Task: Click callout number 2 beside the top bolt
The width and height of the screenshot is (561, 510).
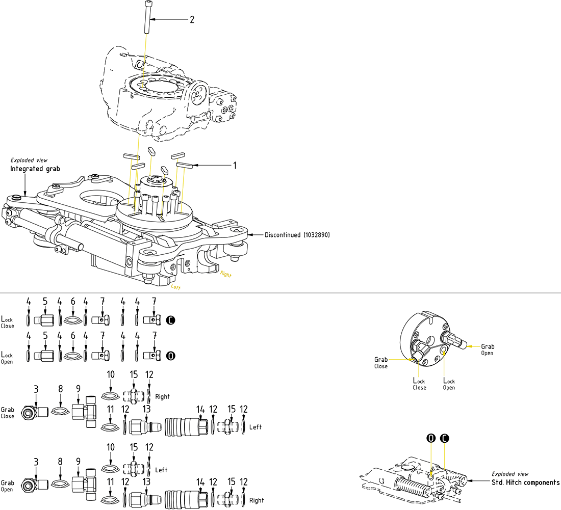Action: click(x=192, y=20)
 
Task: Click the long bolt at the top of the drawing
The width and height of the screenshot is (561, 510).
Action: click(x=146, y=18)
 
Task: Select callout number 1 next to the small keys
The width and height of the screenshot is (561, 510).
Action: click(x=235, y=166)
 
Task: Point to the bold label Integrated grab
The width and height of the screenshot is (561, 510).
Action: click(x=34, y=169)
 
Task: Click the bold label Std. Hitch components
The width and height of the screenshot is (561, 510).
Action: click(x=525, y=482)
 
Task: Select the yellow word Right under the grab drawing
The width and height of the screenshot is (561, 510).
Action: click(x=225, y=275)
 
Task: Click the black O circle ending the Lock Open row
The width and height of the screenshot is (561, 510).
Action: click(x=171, y=356)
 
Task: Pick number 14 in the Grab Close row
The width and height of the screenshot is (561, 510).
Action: click(x=200, y=409)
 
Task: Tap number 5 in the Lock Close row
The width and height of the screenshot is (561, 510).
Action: click(x=45, y=302)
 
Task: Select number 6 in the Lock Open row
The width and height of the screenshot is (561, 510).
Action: click(x=73, y=336)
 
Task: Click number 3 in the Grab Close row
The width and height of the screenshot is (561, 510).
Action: click(x=36, y=390)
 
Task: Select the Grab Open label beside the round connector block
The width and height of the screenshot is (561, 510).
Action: click(x=487, y=350)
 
